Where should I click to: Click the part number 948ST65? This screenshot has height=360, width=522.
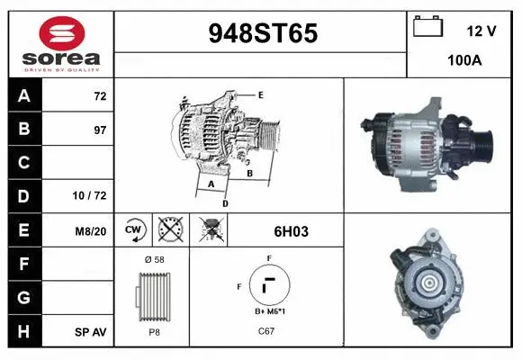[263, 34]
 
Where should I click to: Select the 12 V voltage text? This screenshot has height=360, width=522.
[481, 31]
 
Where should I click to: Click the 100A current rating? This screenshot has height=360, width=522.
[465, 61]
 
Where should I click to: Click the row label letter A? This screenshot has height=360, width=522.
[24, 96]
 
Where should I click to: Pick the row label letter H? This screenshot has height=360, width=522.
[24, 332]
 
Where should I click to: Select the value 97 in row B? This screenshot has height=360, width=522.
[99, 130]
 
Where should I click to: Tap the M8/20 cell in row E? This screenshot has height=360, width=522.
[92, 231]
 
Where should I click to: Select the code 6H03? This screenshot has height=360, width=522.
[291, 231]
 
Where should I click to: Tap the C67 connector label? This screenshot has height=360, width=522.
[267, 331]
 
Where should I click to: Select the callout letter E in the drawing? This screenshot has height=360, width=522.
[260, 94]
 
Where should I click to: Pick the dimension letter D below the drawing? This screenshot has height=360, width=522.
[225, 204]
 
